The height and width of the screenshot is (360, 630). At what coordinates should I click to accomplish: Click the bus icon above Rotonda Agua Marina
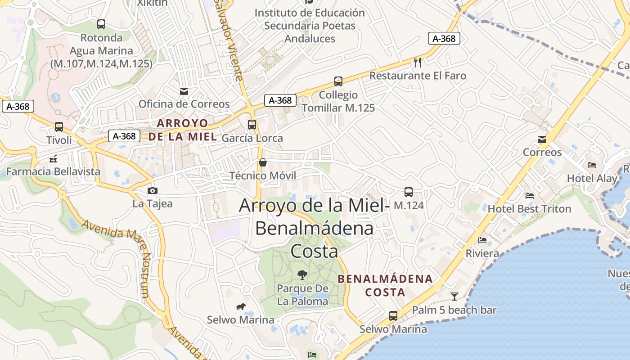tap(101, 24)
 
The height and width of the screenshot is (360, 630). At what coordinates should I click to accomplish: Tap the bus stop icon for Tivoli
tap(59, 127)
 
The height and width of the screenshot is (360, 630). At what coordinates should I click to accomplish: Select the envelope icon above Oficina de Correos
tap(184, 91)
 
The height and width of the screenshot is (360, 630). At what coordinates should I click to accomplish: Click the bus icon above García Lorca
tap(252, 125)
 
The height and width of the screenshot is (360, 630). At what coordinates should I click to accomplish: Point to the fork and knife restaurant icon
tap(418, 62)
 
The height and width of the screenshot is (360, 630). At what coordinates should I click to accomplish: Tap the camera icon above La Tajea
tap(153, 190)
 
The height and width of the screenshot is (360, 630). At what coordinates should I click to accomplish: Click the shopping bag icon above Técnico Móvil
tap(263, 162)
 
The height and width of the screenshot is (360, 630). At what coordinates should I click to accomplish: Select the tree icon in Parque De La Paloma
tap(302, 274)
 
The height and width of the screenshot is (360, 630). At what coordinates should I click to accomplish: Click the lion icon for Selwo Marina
tap(241, 307)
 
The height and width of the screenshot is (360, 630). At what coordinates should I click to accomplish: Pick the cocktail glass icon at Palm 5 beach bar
tap(454, 296)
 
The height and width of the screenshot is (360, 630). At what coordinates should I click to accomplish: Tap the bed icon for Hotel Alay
tap(592, 165)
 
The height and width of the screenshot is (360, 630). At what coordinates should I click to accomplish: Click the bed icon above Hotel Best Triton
tap(530, 196)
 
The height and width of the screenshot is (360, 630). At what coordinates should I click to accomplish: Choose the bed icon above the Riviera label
tap(482, 240)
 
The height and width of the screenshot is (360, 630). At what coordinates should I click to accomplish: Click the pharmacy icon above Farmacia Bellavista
tap(53, 158)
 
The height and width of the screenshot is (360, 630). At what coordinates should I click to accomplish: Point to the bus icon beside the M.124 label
tap(409, 192)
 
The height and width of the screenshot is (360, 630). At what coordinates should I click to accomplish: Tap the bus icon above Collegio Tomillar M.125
tap(338, 81)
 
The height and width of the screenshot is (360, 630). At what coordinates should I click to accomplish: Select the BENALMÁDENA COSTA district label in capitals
tap(385, 285)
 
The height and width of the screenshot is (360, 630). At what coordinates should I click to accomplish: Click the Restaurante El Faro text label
tap(418, 76)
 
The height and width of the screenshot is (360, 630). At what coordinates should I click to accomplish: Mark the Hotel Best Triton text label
tap(529, 209)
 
